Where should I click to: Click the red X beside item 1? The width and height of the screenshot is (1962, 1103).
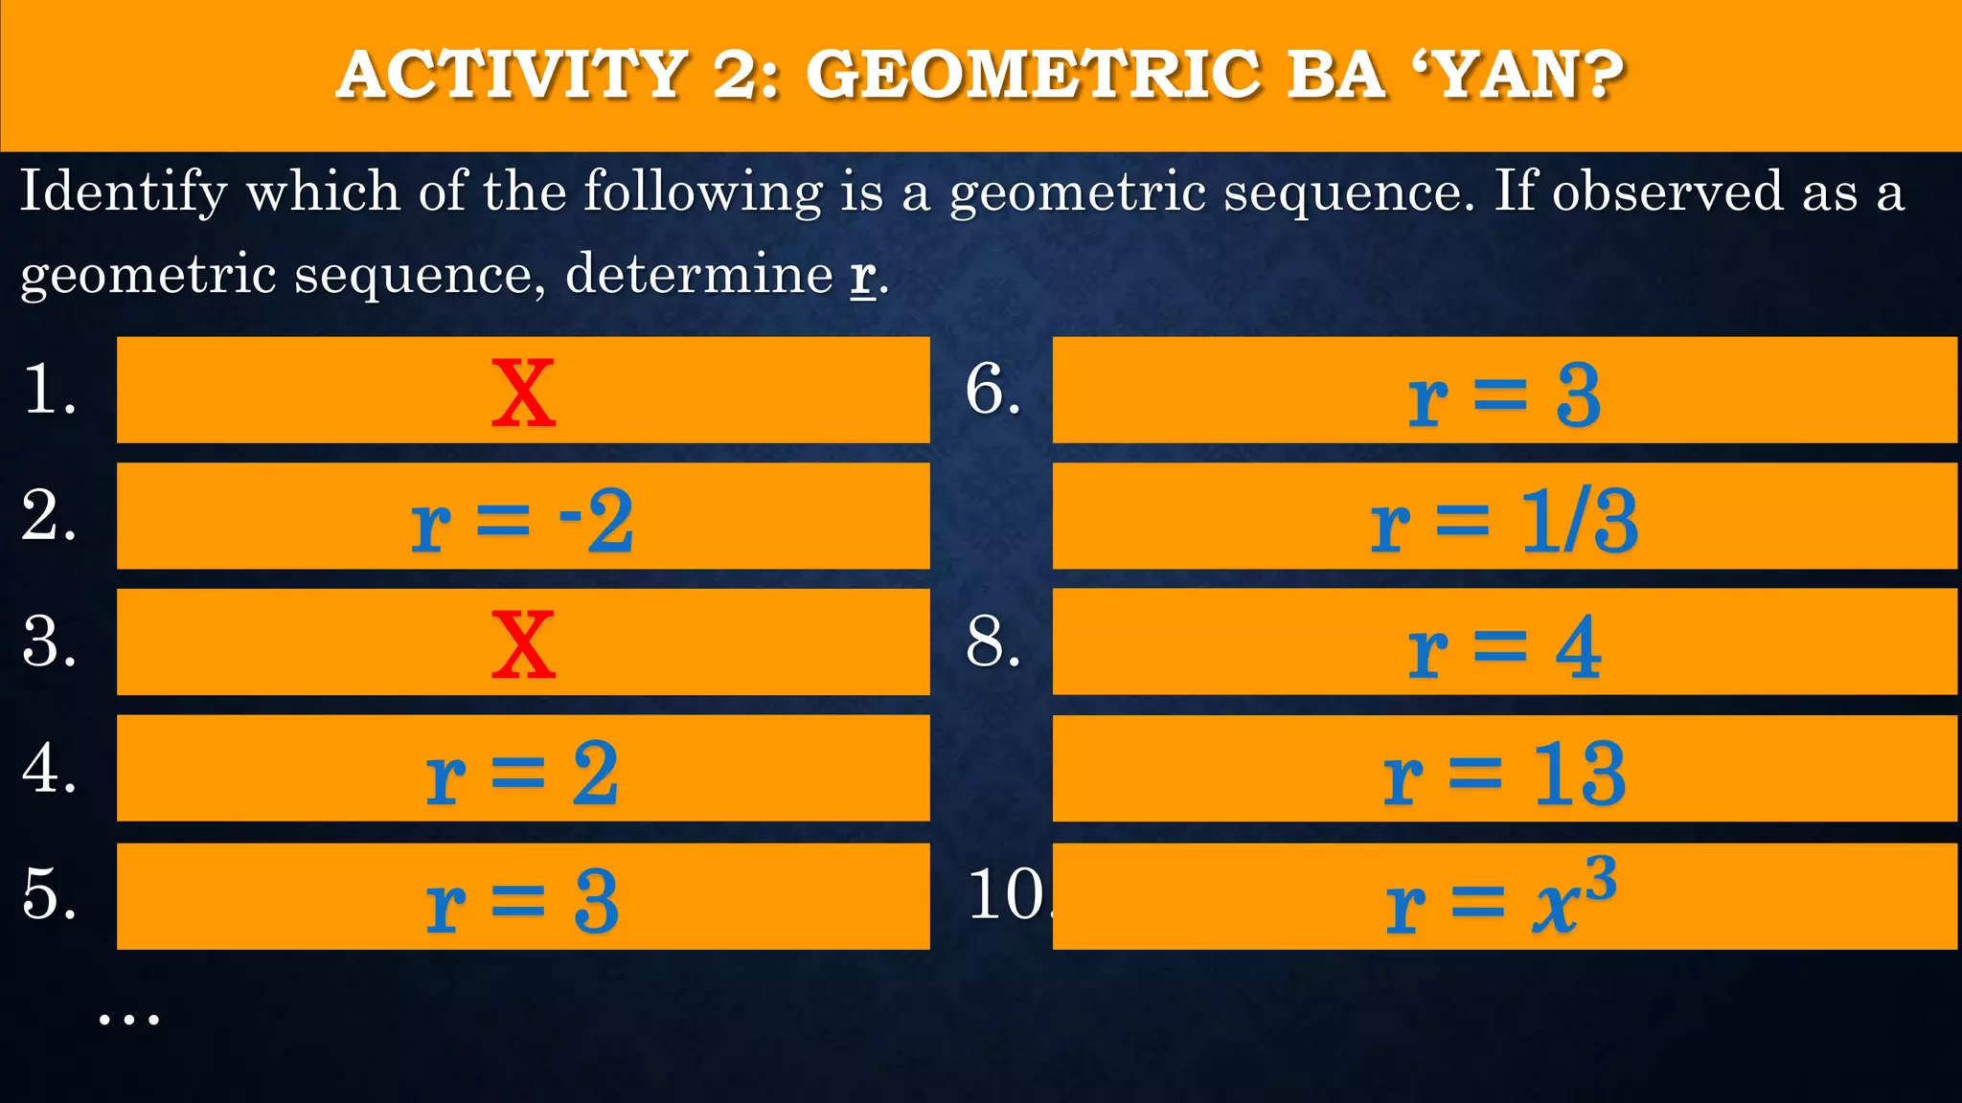point(523,393)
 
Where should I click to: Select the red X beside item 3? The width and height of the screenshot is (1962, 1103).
point(523,644)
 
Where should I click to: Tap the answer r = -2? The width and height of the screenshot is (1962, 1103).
point(522,521)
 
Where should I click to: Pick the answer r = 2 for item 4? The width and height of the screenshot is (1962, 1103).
point(522,774)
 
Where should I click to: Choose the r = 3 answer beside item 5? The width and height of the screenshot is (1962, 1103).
point(522,902)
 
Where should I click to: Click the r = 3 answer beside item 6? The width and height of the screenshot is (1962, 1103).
point(1504,395)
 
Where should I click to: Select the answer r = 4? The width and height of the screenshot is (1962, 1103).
point(1504,648)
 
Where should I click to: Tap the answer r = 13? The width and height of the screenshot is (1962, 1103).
point(1504,774)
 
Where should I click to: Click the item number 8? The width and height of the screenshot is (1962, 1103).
point(992,642)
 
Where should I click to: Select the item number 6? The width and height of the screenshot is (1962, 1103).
point(992,390)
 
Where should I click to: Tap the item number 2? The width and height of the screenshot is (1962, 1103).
point(48,516)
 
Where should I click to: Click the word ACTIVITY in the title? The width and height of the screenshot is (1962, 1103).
point(513,75)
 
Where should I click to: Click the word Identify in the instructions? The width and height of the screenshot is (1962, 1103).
point(124,191)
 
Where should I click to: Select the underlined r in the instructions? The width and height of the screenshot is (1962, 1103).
point(862,276)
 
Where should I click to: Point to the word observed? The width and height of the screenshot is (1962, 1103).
point(1667,191)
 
